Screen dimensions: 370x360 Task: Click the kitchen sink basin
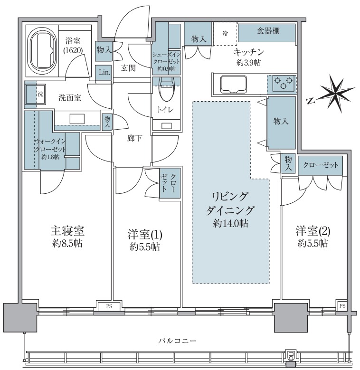click(232, 85)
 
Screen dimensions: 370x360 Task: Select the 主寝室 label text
click(67, 231)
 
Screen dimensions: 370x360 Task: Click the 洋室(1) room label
click(146, 234)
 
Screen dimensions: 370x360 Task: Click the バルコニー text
click(179, 341)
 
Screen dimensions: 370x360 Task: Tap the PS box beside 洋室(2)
click(342, 305)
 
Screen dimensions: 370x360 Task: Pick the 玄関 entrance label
click(128, 68)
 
